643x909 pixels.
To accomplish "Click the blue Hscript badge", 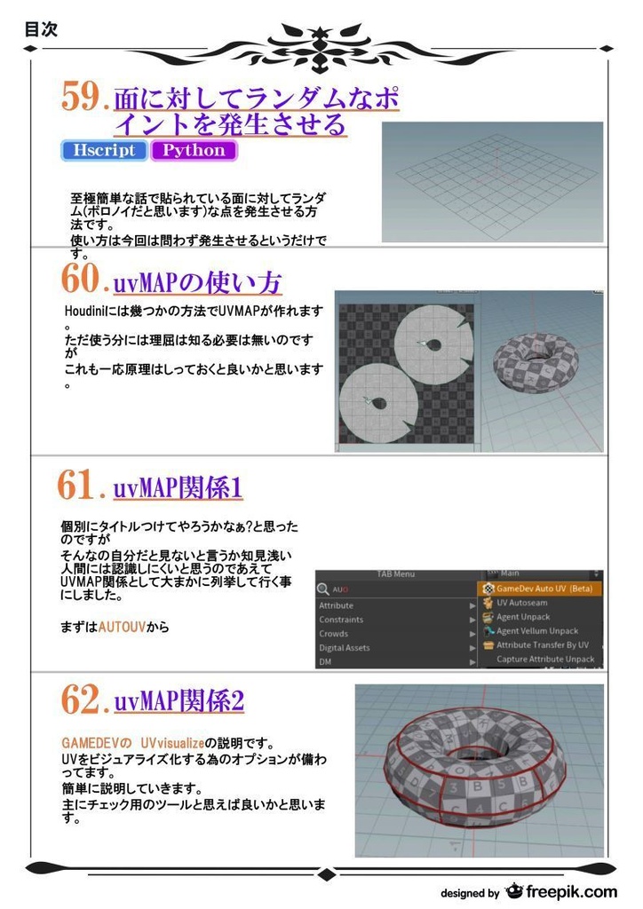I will pyautogui.click(x=104, y=150).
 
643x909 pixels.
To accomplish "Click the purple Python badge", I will pyautogui.click(x=194, y=150).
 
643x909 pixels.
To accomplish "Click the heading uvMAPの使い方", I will pyautogui.click(x=197, y=283).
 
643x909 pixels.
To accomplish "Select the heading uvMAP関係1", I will pyautogui.click(x=178, y=487).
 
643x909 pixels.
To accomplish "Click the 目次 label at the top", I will pyautogui.click(x=41, y=29).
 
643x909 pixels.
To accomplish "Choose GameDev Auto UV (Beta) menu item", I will pyautogui.click(x=544, y=589).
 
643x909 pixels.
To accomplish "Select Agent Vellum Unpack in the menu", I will pyautogui.click(x=536, y=631).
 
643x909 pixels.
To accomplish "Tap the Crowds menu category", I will pyautogui.click(x=333, y=634).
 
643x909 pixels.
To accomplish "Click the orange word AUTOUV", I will pyautogui.click(x=122, y=627).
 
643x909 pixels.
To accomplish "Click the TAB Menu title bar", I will pyautogui.click(x=396, y=573).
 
